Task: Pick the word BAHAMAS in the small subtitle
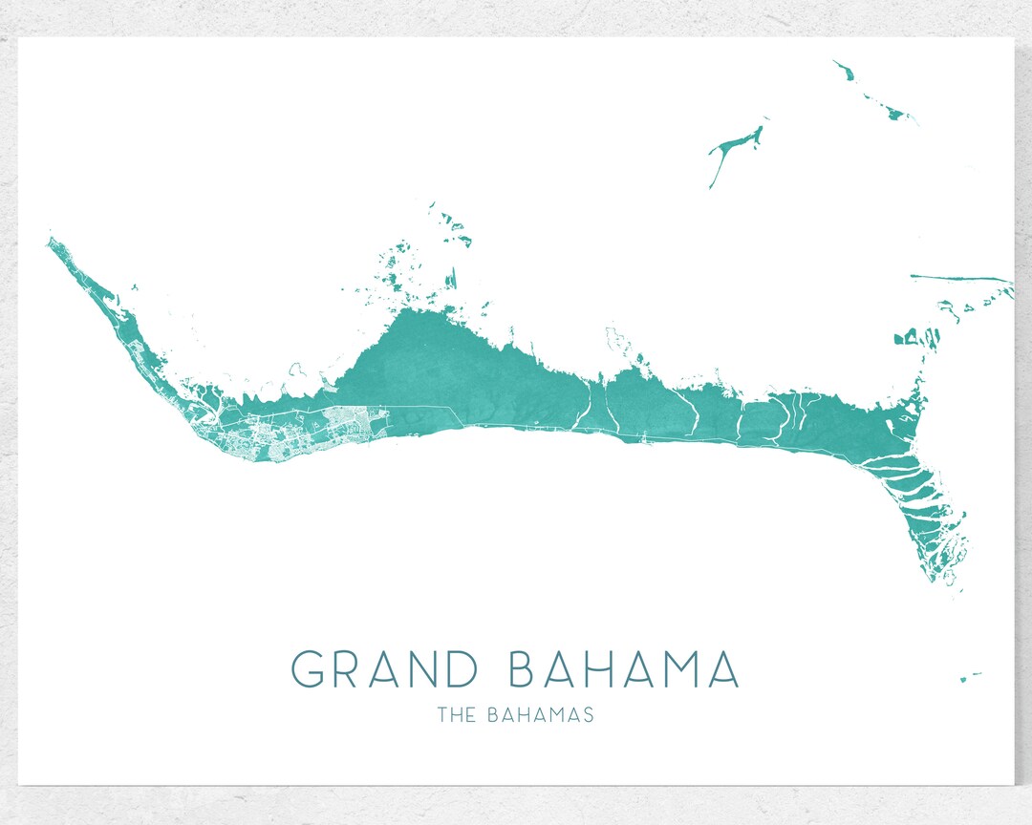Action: coord(540,714)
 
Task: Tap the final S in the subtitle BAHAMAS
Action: coord(588,714)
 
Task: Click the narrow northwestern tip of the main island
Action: coord(51,242)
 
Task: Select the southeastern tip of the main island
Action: coord(953,578)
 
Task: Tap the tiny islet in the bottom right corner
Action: coord(968,677)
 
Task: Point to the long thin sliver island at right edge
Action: coord(960,279)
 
